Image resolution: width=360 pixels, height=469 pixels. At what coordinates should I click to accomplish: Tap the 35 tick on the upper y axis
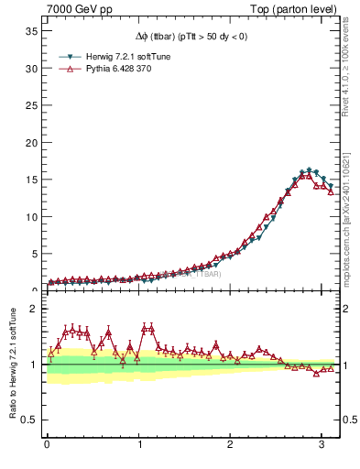coord(29,31)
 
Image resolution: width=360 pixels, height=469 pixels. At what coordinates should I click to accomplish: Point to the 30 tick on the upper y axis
coord(29,69)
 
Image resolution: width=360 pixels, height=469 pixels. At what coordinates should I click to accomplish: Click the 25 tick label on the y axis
coord(29,105)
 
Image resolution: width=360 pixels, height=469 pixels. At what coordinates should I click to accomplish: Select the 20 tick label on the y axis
coord(29,143)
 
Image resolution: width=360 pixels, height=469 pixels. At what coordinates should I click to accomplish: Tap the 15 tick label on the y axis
coord(29,180)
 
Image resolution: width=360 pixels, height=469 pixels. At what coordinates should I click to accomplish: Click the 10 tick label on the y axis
coord(29,217)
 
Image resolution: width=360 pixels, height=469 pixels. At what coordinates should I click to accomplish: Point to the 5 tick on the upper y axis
coord(33,255)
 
